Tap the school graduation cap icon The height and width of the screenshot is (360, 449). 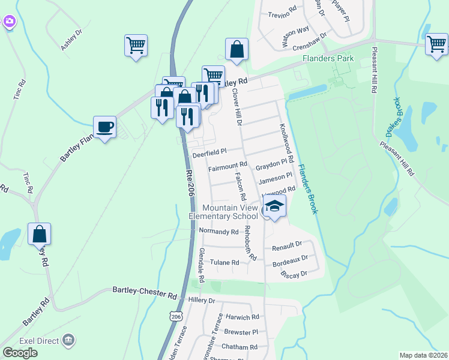(x=274, y=206)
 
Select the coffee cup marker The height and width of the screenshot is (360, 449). (x=105, y=127)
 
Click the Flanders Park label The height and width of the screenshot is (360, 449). (x=328, y=59)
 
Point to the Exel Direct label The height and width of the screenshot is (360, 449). (x=39, y=340)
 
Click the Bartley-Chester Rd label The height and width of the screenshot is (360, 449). (x=145, y=293)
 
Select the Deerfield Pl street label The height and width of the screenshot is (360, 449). (x=209, y=153)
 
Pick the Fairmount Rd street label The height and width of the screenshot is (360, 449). (x=228, y=166)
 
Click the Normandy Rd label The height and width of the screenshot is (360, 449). (x=218, y=231)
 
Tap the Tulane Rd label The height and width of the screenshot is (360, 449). (x=224, y=262)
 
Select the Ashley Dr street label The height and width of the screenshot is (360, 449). (x=71, y=41)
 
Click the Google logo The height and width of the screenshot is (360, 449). (x=20, y=352)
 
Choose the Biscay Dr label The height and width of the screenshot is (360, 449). (x=294, y=274)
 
